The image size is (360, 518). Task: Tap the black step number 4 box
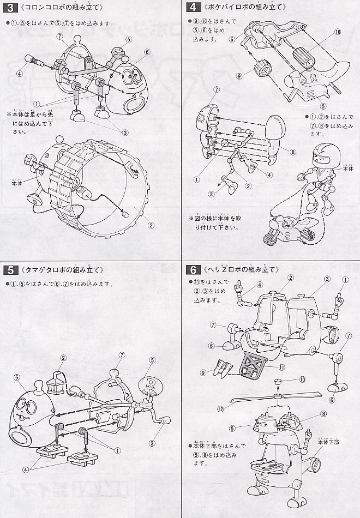[x=191, y=8]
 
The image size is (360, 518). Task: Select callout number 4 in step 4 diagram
[x=269, y=174]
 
